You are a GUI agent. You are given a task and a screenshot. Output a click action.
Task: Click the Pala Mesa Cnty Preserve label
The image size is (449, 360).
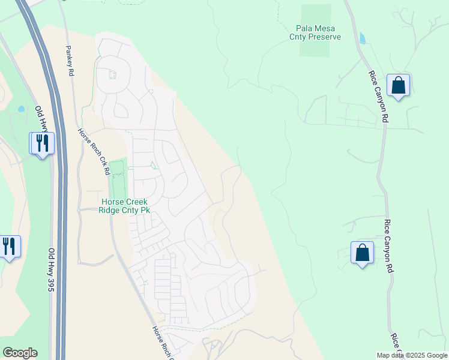click(318, 32)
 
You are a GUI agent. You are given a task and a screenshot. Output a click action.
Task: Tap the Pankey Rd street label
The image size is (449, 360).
click(70, 60)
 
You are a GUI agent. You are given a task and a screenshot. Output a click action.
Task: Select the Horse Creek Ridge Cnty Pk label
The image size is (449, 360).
click(125, 206)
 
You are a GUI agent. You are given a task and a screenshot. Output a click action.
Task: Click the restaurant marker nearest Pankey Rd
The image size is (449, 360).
click(42, 143)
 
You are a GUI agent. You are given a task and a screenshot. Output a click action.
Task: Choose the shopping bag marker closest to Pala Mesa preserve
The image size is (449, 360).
click(398, 86)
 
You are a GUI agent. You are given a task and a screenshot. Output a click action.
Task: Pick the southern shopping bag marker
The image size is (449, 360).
click(362, 253)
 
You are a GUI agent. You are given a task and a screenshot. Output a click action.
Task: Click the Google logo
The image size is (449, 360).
click(20, 353)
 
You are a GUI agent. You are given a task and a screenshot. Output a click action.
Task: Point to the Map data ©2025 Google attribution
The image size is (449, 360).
click(412, 355)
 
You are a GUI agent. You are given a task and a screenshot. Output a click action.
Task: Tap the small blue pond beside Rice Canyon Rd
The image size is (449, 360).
click(362, 38)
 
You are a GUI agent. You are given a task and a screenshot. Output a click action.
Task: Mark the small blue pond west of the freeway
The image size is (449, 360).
click(22, 110)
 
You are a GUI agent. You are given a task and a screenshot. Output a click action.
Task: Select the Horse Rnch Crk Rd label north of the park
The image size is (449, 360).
click(95, 151)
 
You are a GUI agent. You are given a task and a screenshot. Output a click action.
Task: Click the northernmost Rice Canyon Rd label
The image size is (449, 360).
click(378, 97)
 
